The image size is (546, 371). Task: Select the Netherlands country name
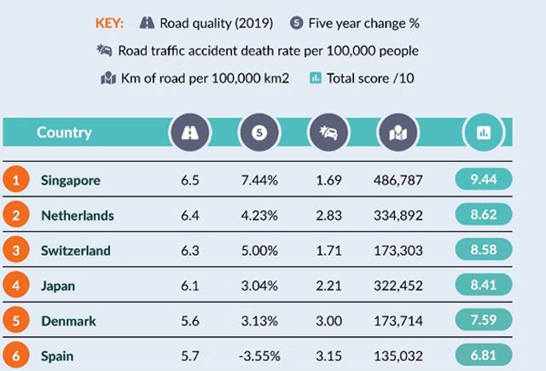click(77, 216)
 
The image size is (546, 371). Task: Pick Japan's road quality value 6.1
click(189, 286)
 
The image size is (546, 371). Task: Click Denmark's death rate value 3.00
click(328, 321)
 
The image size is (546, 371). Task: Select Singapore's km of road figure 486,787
click(399, 180)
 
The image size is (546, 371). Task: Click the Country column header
click(64, 132)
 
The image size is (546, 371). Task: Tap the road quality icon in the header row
click(190, 133)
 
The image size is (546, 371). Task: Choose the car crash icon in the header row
click(328, 133)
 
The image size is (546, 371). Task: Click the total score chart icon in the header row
click(482, 133)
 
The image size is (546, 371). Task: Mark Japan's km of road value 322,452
click(399, 286)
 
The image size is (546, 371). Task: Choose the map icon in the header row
click(398, 133)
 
